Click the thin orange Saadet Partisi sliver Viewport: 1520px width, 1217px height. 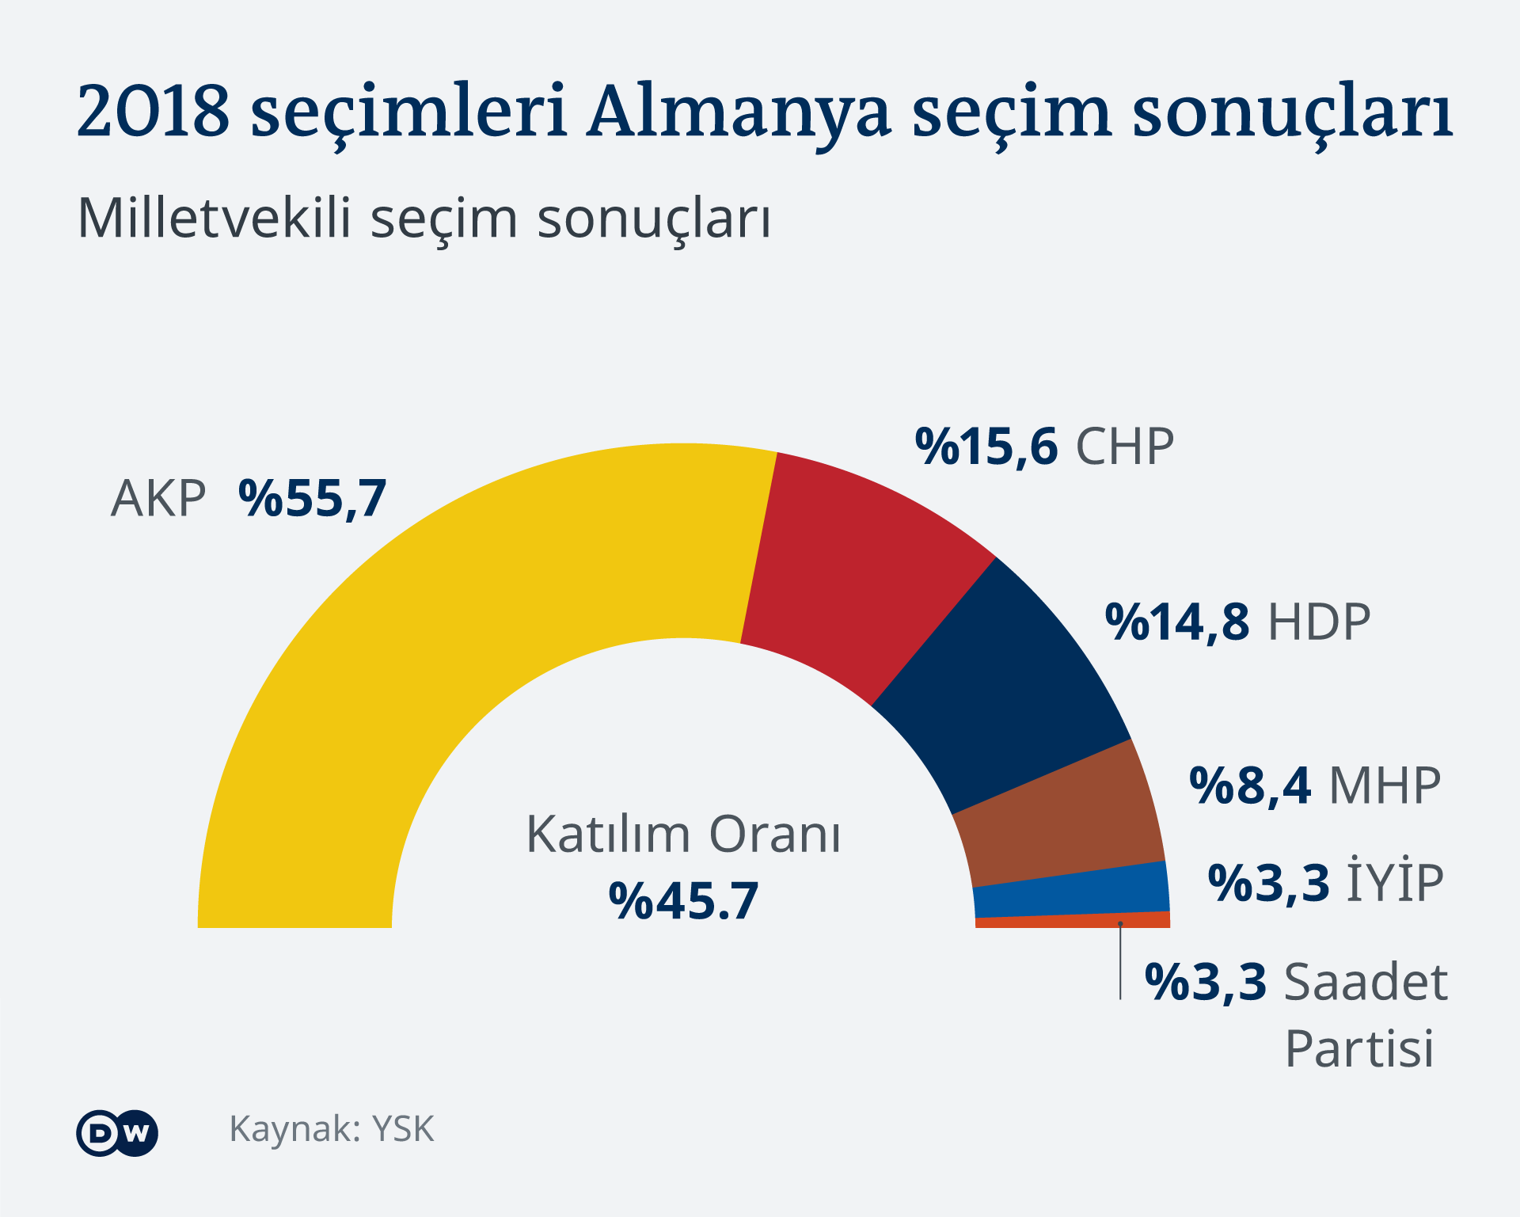(1077, 921)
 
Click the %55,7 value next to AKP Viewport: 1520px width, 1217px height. (312, 499)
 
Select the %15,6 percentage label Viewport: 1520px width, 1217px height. (986, 447)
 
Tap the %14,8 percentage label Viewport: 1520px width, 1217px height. (1176, 622)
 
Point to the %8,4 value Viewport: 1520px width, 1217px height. (1250, 785)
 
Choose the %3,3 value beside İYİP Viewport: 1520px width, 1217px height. (1268, 883)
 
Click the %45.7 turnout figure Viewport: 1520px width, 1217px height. (683, 901)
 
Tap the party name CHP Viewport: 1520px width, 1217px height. (1124, 447)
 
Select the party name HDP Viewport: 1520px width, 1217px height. (1319, 622)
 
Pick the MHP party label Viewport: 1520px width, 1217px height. (1385, 785)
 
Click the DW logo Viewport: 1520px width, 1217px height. (117, 1133)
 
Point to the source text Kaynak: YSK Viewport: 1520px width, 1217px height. (332, 1129)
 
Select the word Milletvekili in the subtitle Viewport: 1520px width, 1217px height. (214, 218)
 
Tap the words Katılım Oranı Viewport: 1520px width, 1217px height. (683, 835)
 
